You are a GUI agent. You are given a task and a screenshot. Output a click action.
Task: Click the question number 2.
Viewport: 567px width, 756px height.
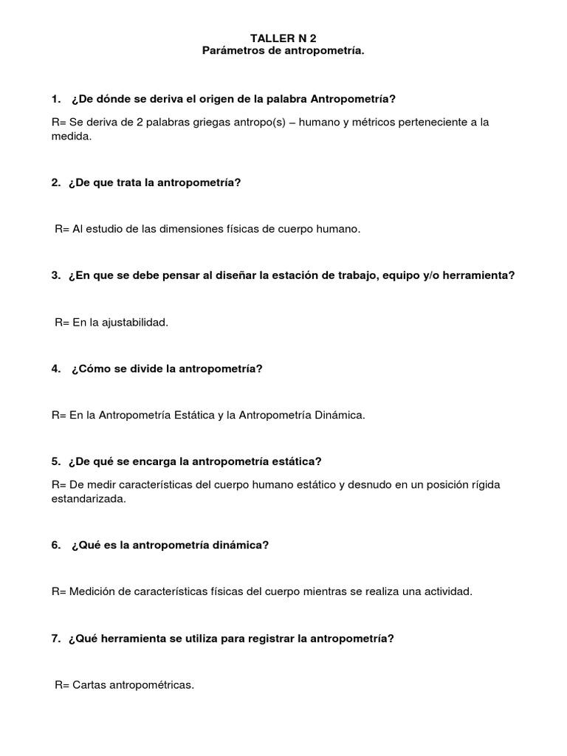[55, 182]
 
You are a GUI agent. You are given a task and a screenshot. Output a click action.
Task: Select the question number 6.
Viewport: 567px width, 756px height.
[55, 545]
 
